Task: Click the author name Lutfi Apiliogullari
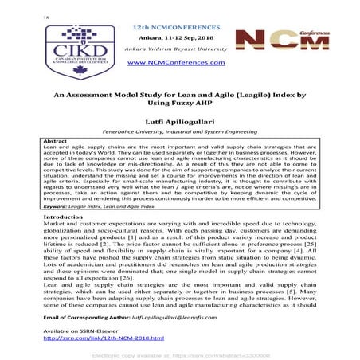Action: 179,125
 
